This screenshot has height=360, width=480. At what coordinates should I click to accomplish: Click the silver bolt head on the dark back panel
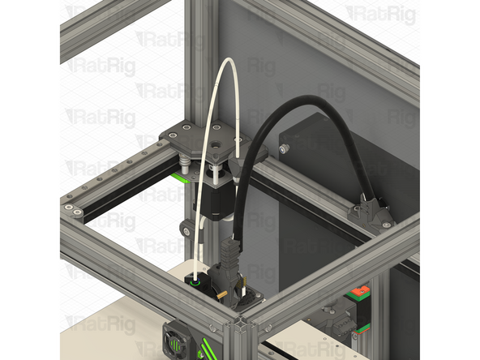(x=285, y=148)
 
